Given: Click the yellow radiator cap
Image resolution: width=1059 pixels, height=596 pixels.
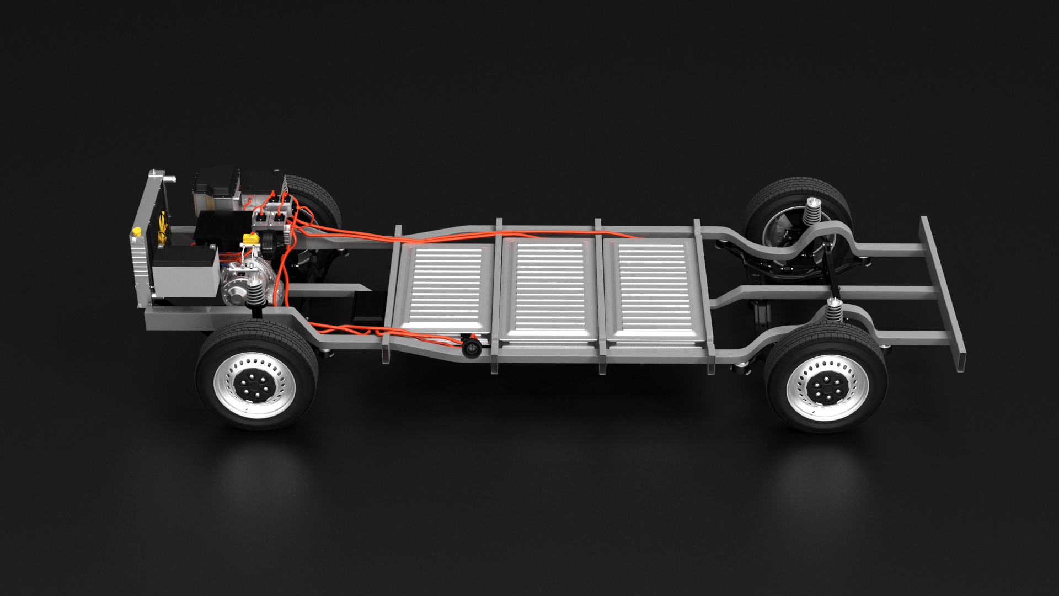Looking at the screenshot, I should pyautogui.click(x=136, y=230).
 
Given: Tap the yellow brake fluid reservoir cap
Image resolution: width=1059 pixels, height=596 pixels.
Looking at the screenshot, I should pyautogui.click(x=251, y=238).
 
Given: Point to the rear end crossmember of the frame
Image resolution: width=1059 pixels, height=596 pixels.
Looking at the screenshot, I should pyautogui.click(x=943, y=292).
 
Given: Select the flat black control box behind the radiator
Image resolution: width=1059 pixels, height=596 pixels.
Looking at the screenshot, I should pyautogui.click(x=221, y=226).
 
